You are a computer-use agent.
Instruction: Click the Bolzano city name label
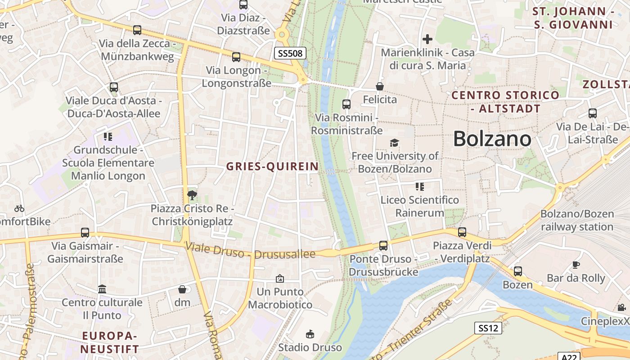492,139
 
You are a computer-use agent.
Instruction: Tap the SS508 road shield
291,54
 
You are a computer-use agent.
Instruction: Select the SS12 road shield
488,328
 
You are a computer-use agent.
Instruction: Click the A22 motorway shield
568,356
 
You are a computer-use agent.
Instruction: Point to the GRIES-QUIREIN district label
272,166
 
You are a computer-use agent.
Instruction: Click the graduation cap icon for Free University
394,143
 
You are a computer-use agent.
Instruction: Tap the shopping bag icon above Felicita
380,86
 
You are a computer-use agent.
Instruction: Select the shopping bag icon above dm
182,289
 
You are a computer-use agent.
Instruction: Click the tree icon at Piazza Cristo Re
192,195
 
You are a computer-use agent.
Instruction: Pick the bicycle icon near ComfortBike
19,208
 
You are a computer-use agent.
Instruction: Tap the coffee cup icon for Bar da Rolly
576,265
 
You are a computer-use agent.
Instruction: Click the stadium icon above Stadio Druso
310,334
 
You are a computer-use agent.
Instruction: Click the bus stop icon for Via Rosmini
346,104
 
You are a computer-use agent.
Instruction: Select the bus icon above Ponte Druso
383,246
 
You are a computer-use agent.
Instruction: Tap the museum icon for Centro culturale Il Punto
102,289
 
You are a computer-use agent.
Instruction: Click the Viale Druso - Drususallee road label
250,251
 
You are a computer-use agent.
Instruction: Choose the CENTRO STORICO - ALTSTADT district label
505,102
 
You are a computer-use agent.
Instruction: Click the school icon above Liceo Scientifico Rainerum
420,186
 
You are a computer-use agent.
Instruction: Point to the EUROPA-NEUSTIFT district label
109,342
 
